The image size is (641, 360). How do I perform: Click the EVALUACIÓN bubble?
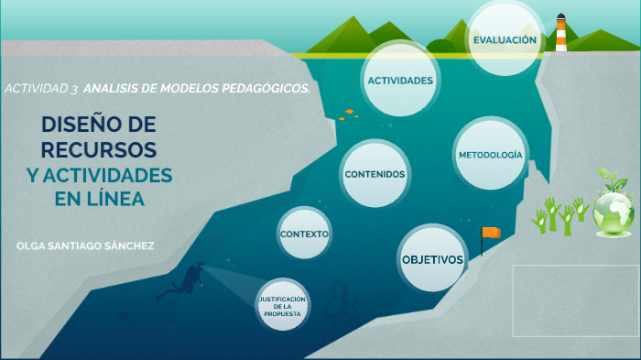point(504,40)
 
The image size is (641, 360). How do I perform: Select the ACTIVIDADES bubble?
point(400,81)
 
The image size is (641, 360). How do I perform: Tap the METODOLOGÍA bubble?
point(492,155)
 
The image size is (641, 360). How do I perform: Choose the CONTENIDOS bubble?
point(375,174)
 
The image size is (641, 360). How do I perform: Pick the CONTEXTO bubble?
point(304,235)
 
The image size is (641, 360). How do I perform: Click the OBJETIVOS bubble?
point(432,259)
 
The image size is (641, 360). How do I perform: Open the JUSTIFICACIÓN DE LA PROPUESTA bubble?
point(281,306)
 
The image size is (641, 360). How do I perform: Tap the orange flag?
point(492,234)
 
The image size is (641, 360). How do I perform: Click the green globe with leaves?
point(613,207)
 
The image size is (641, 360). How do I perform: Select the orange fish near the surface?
point(349,114)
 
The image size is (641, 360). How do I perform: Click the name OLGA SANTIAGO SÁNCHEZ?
point(85,246)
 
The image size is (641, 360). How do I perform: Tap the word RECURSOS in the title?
point(99,148)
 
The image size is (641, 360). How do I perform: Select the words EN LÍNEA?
point(99,198)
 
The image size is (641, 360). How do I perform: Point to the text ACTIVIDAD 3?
point(40,89)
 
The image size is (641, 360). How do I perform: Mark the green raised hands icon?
point(559,216)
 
